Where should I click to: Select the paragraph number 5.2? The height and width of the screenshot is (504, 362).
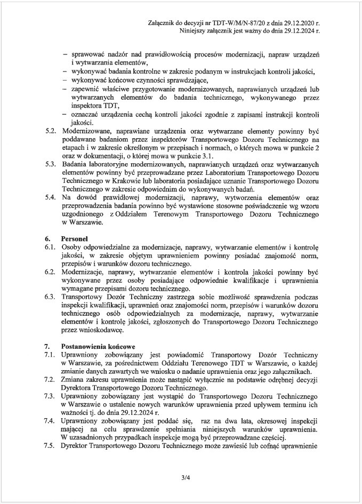tap(50, 130)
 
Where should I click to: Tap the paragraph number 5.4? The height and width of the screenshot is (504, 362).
tap(50, 197)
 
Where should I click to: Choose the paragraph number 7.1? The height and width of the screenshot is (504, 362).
tap(50, 355)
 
